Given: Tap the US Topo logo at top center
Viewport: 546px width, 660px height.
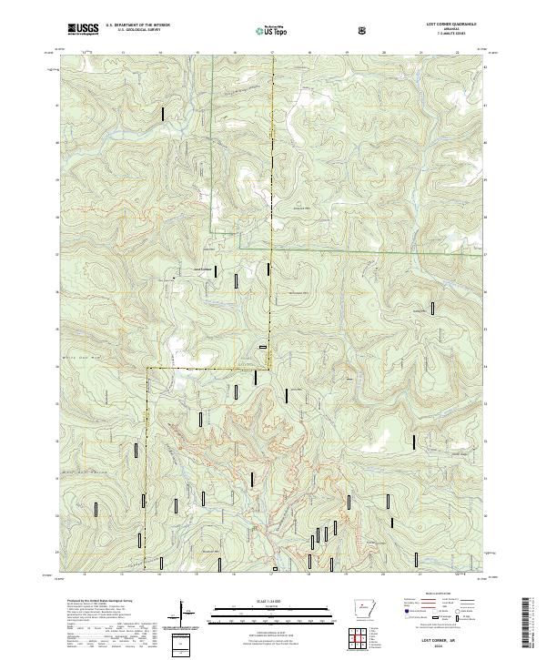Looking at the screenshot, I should [272, 30].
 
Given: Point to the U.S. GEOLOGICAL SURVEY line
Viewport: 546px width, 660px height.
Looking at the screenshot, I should [132, 33].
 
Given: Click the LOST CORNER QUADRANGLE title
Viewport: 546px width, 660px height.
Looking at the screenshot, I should [444, 24].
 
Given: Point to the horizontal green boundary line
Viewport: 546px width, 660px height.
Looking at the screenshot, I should [364, 249].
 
